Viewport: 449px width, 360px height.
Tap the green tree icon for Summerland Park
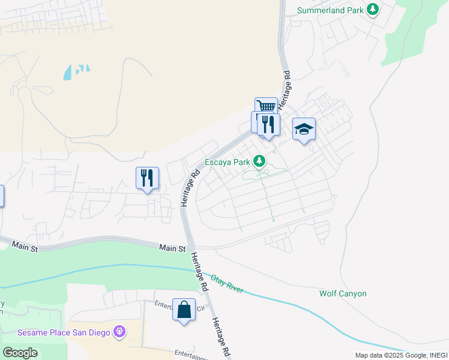(373, 10)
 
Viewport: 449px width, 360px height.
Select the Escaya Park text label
(228, 161)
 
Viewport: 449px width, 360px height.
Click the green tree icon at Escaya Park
(259, 161)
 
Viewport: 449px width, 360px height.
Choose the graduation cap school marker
(304, 129)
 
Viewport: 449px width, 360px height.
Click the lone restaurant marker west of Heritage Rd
(147, 178)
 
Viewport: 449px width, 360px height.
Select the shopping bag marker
(184, 310)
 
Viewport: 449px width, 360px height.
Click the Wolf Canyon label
(343, 293)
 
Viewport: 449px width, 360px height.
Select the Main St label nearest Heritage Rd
(172, 247)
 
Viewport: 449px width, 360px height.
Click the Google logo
(20, 353)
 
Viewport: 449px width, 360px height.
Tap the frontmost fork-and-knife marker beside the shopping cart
(269, 124)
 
